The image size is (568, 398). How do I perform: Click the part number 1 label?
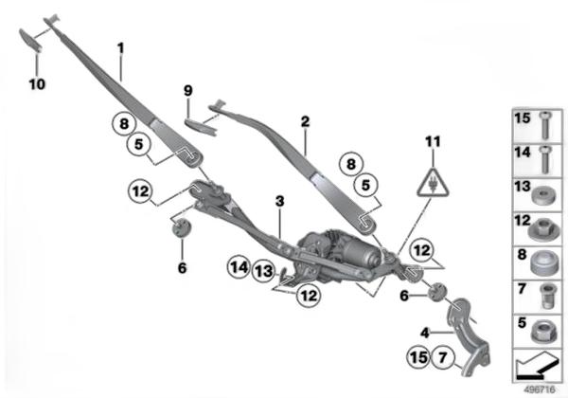pos(121,47)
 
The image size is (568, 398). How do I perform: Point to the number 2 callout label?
pos(305,122)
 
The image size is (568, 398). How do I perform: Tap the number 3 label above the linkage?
pos(279,201)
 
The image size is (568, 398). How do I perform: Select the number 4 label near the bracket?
pos(425,332)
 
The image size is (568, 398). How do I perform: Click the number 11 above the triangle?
pos(433,142)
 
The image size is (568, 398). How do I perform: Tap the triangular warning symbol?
pos(433,182)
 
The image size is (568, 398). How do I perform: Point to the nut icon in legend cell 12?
pos(542,226)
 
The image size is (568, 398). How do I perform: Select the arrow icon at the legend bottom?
pos(536,365)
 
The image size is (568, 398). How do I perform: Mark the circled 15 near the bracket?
pos(417,358)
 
